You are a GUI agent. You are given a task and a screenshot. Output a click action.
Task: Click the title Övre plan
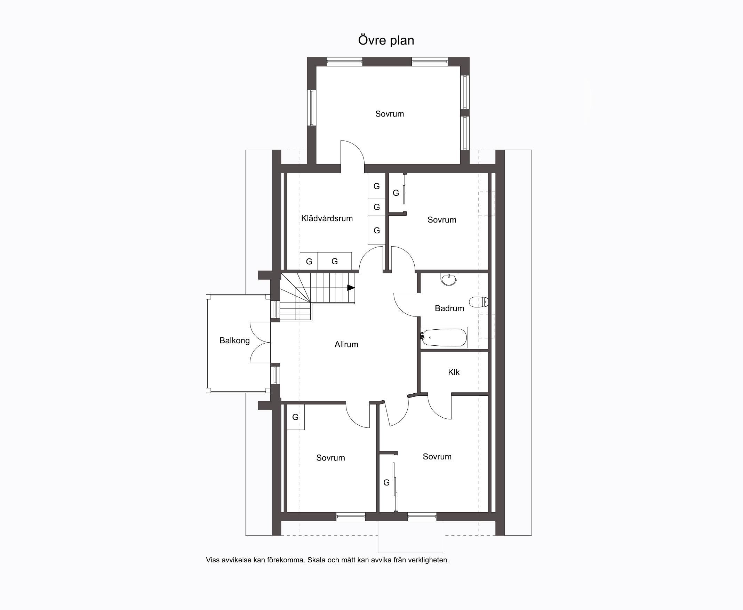pos(386,40)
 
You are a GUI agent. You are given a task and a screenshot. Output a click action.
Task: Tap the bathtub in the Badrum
pos(444,338)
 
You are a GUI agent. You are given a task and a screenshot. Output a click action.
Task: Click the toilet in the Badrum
pos(479,302)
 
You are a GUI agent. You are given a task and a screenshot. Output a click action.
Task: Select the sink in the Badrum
pos(449,279)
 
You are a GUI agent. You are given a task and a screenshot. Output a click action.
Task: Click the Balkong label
pos(234,340)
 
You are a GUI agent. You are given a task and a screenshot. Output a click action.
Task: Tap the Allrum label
pos(346,344)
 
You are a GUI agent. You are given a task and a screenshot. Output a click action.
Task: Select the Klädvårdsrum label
pos(327,218)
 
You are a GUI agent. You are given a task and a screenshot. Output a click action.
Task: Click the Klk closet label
pos(454,372)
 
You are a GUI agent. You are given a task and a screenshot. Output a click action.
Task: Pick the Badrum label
pos(449,308)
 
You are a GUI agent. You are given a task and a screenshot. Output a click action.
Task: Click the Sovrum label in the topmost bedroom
pos(390,114)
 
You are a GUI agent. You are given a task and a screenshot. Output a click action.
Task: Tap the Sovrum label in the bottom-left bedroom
pos(330,458)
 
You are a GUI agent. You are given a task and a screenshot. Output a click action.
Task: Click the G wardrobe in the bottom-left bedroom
pos(296,417)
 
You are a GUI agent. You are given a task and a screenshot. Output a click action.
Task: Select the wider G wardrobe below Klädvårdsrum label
pos(335,261)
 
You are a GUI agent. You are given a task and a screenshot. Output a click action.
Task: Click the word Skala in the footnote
pos(316,560)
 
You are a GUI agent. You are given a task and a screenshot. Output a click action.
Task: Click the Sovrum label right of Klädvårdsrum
pos(442,220)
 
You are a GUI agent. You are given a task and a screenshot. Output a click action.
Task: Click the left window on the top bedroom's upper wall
pos(344,62)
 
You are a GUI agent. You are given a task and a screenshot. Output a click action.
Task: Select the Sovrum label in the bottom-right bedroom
pos(437,457)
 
